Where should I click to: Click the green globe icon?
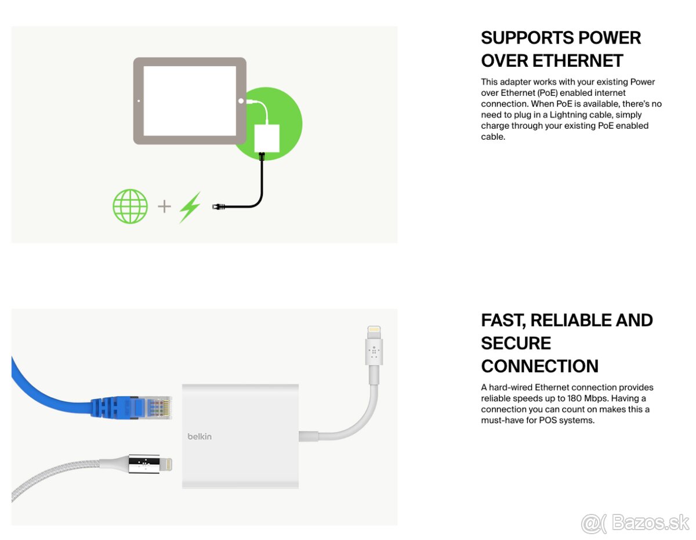pyautogui.click(x=130, y=206)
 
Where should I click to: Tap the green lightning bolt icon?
pyautogui.click(x=190, y=207)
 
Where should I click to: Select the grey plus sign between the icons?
pyautogui.click(x=165, y=206)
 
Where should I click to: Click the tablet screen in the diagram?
pyautogui.click(x=190, y=100)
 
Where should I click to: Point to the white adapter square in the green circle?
pyautogui.click(x=267, y=137)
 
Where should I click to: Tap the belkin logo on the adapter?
pyautogui.click(x=199, y=436)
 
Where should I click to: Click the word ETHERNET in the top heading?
pyautogui.click(x=578, y=60)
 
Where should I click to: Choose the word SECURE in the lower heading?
pyautogui.click(x=516, y=343)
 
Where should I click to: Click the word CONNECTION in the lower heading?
pyautogui.click(x=539, y=366)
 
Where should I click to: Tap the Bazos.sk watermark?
pyautogui.click(x=635, y=523)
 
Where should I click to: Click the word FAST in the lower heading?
pyautogui.click(x=502, y=320)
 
